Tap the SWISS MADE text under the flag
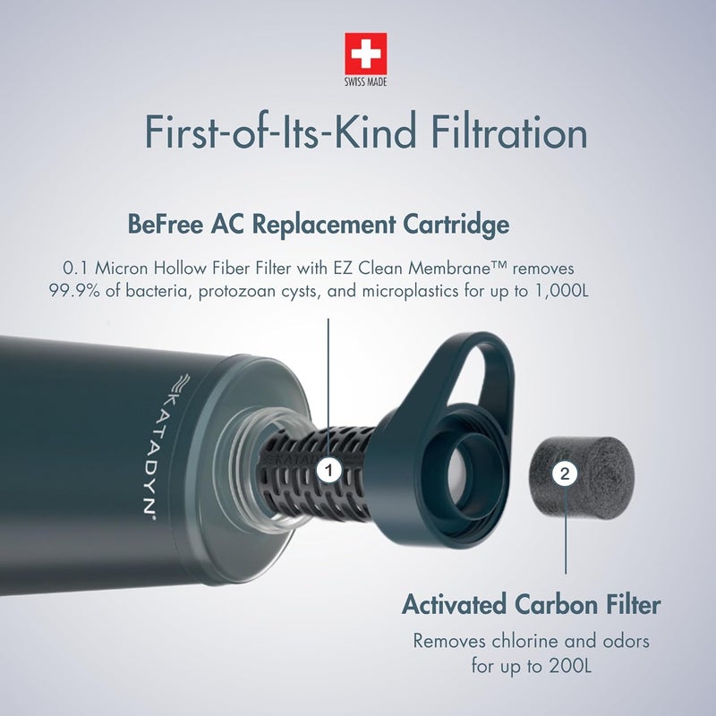(x=366, y=82)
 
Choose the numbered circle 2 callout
(x=564, y=476)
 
